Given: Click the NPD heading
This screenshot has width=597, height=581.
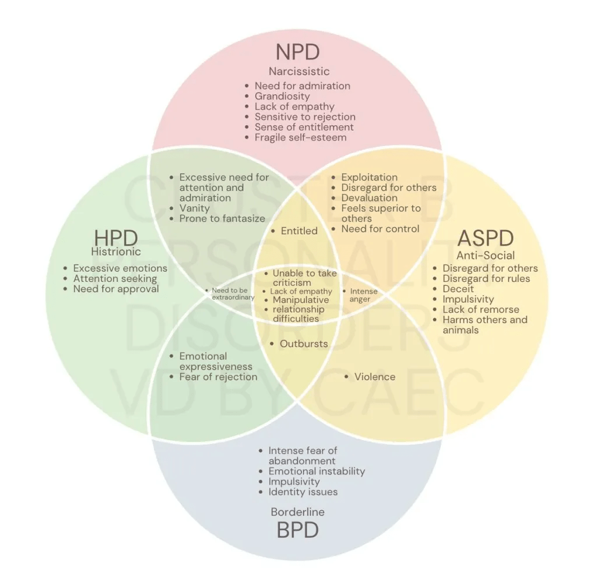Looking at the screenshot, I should (298, 51).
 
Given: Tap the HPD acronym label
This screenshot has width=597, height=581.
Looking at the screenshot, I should (116, 238).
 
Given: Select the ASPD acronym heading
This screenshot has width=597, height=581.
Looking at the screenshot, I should (486, 238).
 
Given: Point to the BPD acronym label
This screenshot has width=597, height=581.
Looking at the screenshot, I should (298, 530).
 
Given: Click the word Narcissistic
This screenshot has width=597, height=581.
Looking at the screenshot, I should (299, 72).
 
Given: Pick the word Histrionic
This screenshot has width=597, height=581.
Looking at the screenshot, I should (117, 252).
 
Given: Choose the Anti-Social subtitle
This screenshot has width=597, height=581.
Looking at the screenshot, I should (486, 255).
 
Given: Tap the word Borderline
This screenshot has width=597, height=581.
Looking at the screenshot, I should (298, 512).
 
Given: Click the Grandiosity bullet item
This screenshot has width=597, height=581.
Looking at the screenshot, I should (282, 96).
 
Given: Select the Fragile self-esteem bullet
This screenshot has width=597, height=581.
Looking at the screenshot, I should (300, 137).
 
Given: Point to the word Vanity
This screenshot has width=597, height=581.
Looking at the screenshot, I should (194, 208).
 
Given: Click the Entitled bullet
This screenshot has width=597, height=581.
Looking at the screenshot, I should (299, 231).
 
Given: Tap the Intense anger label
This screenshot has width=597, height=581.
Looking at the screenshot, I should (364, 295).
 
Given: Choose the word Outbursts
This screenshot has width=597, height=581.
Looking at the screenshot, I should (304, 343).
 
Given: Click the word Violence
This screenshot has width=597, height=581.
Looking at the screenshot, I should (375, 377).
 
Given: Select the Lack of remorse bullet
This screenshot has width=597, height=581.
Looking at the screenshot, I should (480, 310).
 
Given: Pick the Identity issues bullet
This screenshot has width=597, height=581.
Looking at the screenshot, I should (303, 492).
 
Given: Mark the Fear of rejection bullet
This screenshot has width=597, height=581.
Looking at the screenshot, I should (218, 377).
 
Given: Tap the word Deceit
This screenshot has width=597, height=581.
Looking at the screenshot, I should (458, 289).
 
